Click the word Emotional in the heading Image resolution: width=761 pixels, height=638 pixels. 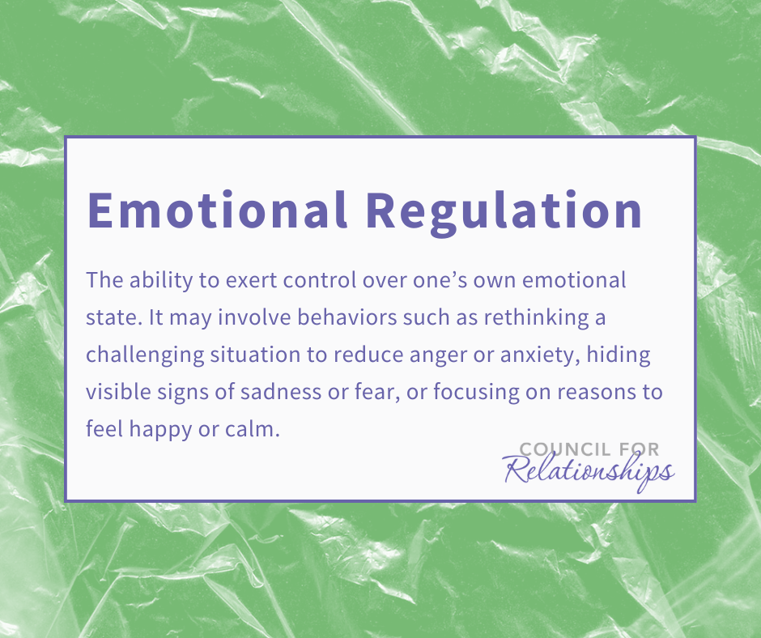tap(217, 210)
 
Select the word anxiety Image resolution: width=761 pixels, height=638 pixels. tap(540, 356)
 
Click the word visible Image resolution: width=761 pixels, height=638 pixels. tap(118, 391)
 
